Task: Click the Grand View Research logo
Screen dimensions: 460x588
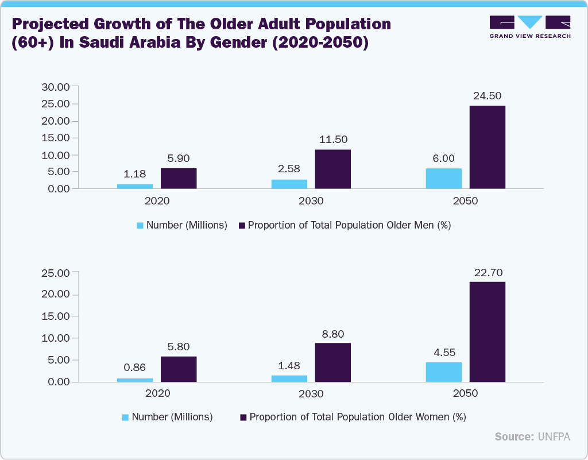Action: [529, 26]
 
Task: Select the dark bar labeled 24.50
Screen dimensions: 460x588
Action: [488, 147]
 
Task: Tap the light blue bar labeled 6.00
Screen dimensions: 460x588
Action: [444, 179]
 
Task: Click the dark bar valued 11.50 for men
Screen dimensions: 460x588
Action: [333, 169]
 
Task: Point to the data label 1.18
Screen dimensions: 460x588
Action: [135, 174]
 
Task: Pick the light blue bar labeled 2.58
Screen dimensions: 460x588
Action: [289, 184]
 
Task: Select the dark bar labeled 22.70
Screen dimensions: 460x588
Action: [488, 332]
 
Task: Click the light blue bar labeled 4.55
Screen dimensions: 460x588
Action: [444, 372]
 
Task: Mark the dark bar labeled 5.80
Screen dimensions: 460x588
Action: [179, 369]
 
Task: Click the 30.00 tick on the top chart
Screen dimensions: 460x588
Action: [55, 87]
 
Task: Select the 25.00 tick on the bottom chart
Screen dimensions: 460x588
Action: [55, 273]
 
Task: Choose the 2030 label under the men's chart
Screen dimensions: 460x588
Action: [311, 202]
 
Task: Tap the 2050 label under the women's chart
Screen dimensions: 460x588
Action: [466, 394]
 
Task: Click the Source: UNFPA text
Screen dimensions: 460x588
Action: [532, 437]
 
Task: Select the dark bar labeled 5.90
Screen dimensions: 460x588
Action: [179, 178]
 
